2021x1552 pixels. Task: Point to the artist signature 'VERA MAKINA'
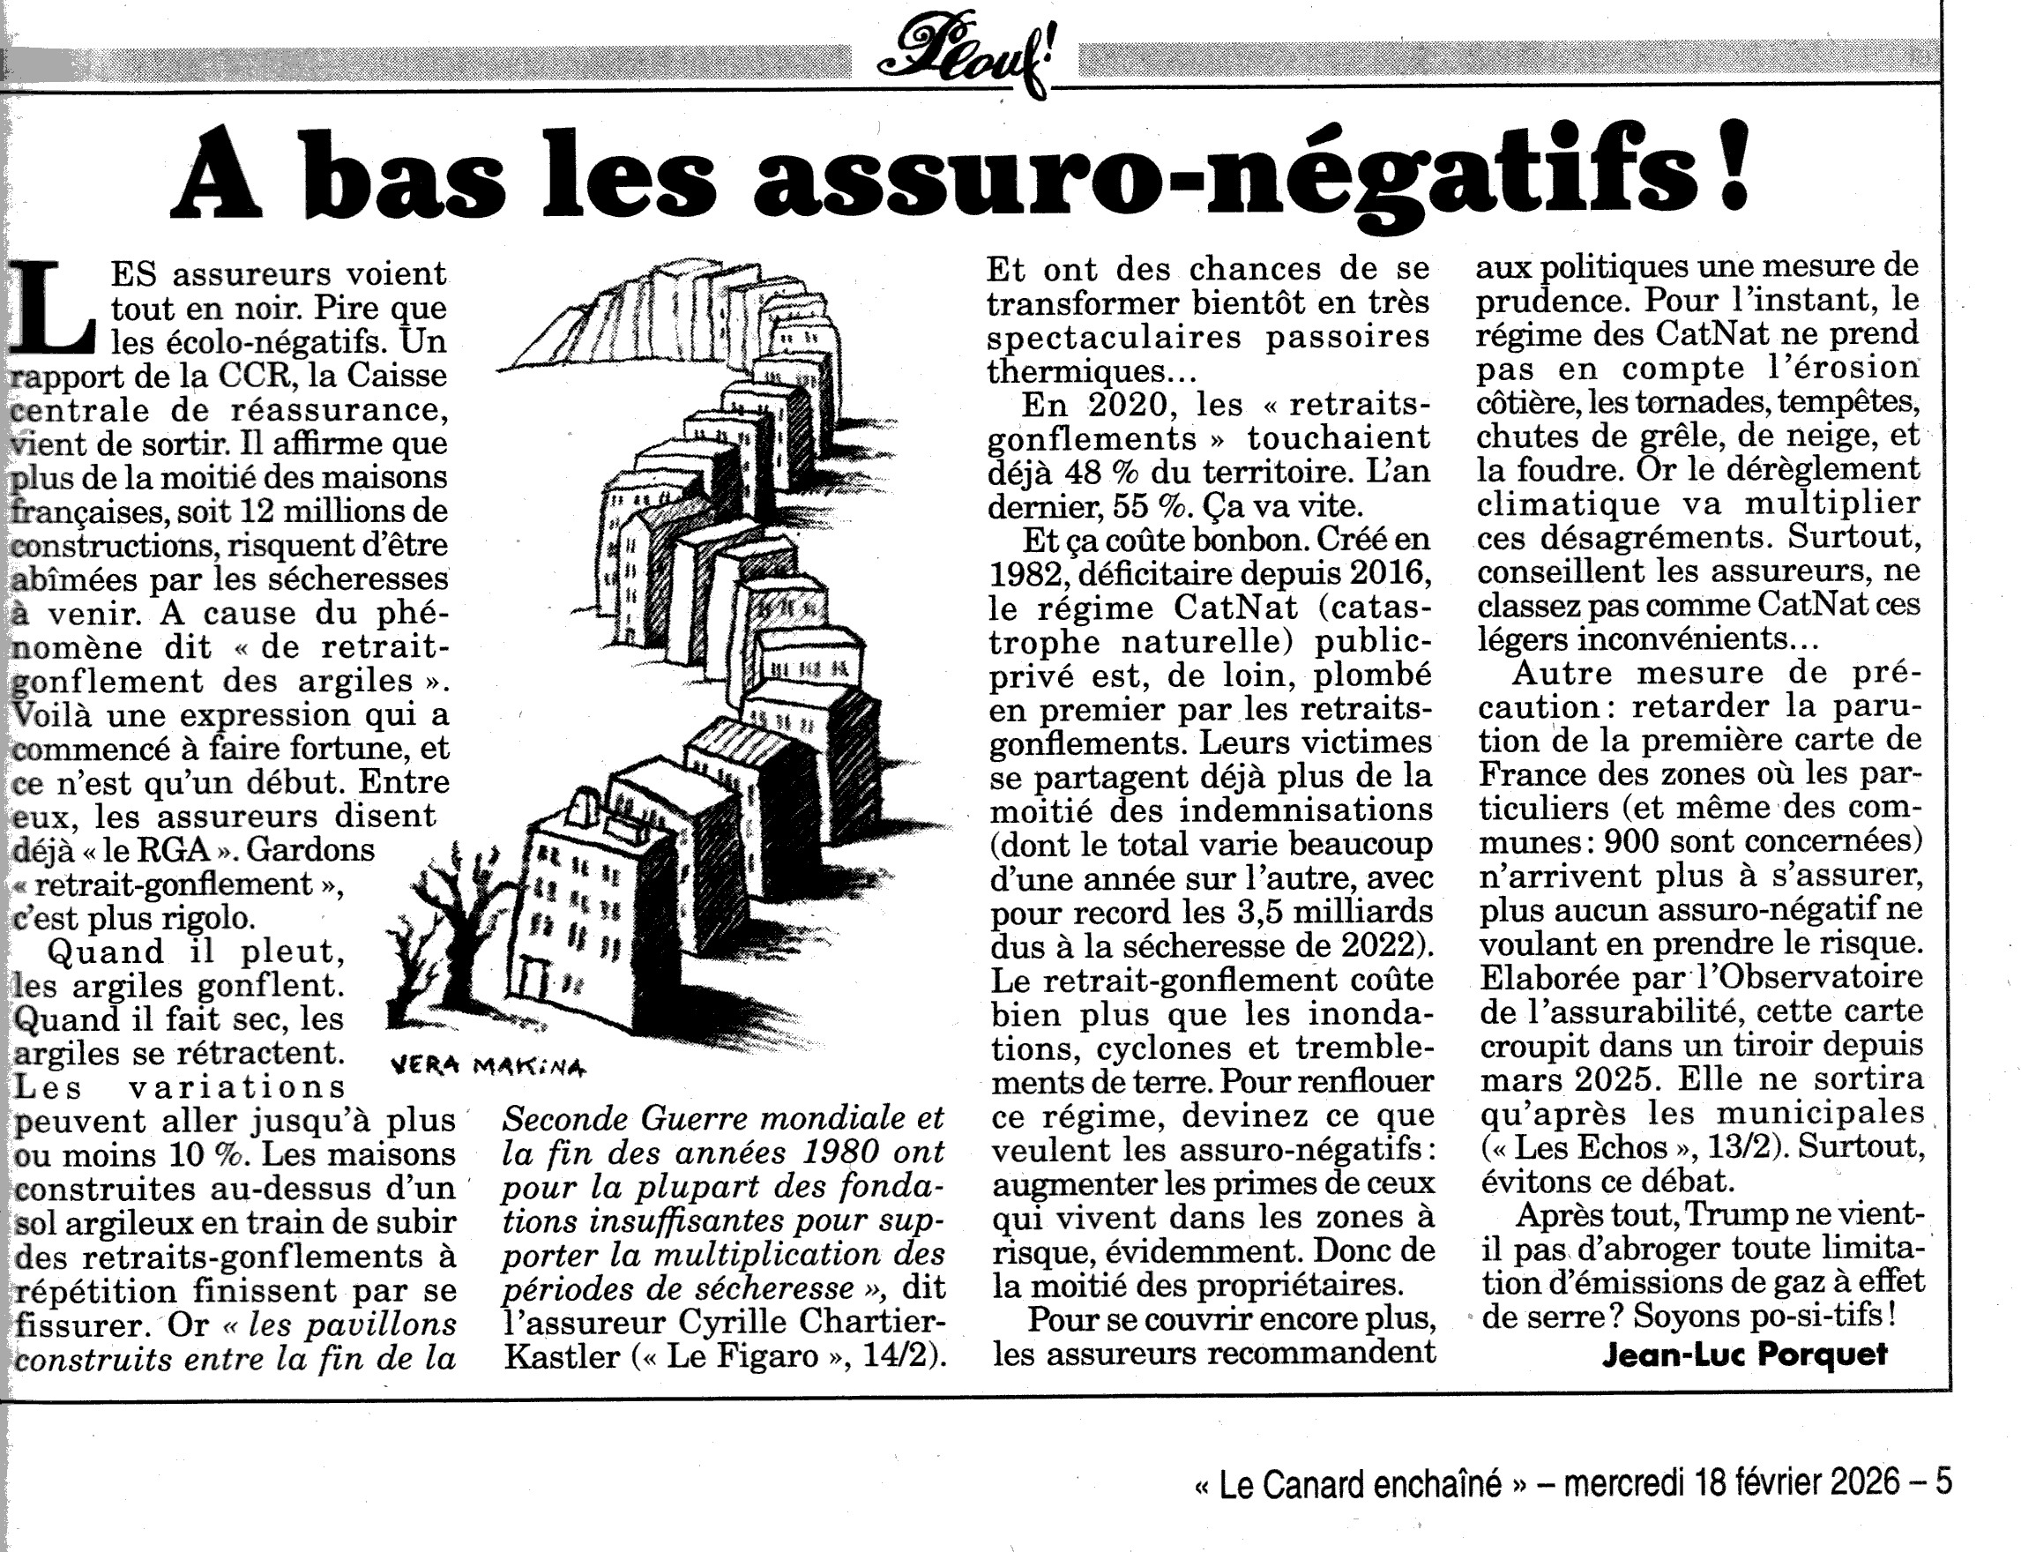488,1066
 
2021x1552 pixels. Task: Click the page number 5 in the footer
1943,1483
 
